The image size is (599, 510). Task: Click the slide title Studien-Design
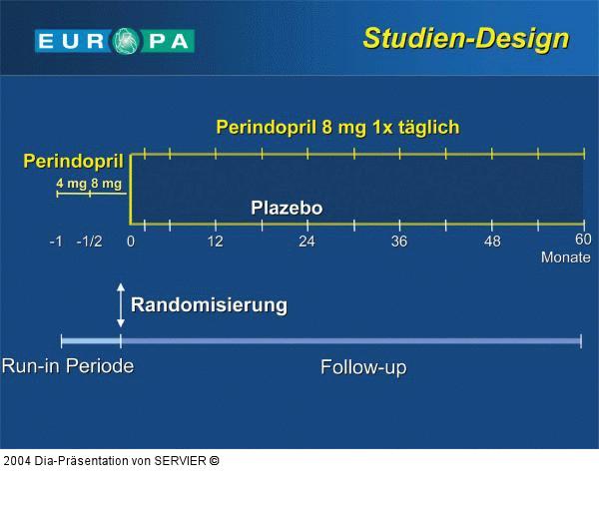[465, 39]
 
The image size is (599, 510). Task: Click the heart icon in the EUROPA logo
[129, 41]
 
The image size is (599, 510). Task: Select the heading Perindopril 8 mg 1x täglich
[337, 127]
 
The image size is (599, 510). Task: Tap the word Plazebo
[287, 209]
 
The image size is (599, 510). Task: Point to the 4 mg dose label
[71, 184]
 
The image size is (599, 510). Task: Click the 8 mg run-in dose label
[106, 184]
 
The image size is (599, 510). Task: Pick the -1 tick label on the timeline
[57, 243]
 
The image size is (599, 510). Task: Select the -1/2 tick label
[90, 243]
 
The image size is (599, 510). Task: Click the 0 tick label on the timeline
[131, 243]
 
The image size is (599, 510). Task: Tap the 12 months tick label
[215, 243]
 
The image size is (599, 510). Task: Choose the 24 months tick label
[306, 243]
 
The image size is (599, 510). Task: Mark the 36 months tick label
[399, 243]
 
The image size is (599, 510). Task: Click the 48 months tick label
[492, 243]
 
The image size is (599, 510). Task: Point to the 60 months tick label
[583, 240]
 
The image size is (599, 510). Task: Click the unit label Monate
[566, 257]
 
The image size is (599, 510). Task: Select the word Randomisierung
[209, 305]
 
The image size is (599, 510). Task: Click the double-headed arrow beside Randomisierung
[121, 305]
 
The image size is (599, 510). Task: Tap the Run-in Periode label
[68, 366]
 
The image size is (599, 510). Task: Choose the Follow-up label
[363, 367]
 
